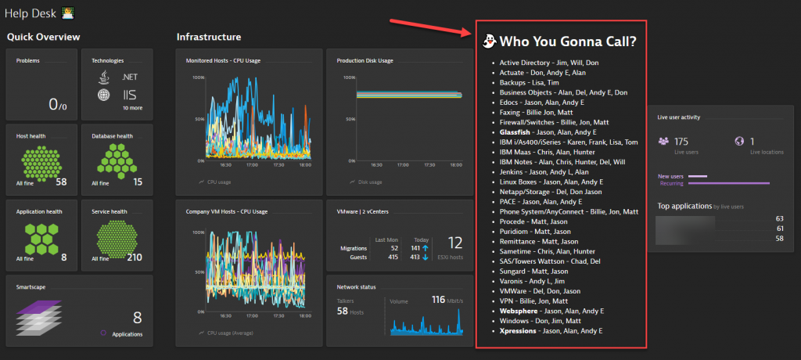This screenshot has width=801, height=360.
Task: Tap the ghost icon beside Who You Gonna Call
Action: pos(489,41)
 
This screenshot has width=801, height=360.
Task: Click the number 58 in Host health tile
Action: pos(61,182)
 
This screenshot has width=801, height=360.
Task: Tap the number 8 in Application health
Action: pos(64,257)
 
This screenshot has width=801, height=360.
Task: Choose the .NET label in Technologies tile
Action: pos(130,77)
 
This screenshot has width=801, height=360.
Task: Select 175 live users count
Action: pos(681,142)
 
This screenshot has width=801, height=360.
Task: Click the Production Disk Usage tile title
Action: pos(365,60)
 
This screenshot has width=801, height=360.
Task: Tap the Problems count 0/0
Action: pos(59,104)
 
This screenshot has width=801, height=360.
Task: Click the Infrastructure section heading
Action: pos(208,37)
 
